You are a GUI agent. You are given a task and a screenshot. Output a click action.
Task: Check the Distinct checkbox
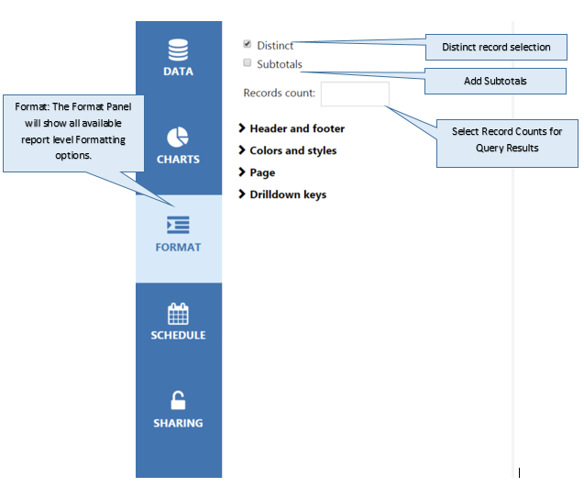(x=247, y=44)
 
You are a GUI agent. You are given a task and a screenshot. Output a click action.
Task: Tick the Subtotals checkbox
(x=247, y=62)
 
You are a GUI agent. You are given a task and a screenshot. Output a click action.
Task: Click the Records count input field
(x=355, y=94)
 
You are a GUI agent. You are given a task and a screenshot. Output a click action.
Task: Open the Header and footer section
(x=297, y=128)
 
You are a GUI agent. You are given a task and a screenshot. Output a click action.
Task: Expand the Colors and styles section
(x=293, y=150)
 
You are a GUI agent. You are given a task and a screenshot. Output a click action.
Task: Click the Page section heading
(x=262, y=172)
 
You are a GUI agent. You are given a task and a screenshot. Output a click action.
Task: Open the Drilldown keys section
(x=288, y=194)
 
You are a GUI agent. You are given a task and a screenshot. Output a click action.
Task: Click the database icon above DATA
(x=178, y=50)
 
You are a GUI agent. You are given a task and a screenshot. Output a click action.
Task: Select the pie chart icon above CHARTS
(x=178, y=138)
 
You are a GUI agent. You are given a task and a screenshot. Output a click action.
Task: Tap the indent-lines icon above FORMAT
(x=178, y=225)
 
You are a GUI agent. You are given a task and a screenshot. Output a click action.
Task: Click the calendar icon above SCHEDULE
(x=178, y=314)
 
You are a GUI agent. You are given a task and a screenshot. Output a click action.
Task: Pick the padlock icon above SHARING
(x=178, y=400)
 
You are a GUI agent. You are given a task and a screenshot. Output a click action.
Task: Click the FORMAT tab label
(x=178, y=247)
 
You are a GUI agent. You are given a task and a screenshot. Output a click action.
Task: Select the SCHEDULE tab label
(x=178, y=335)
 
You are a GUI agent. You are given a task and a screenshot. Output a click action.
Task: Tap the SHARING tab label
(x=178, y=423)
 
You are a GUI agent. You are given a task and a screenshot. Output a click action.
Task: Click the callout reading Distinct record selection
(x=496, y=48)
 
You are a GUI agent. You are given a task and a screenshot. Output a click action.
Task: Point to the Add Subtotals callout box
(x=495, y=81)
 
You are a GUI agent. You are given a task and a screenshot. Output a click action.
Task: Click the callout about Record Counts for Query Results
(x=507, y=143)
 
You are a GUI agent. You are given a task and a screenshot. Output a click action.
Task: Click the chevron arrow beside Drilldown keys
(x=242, y=194)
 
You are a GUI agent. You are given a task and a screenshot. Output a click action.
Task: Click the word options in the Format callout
(x=73, y=155)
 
